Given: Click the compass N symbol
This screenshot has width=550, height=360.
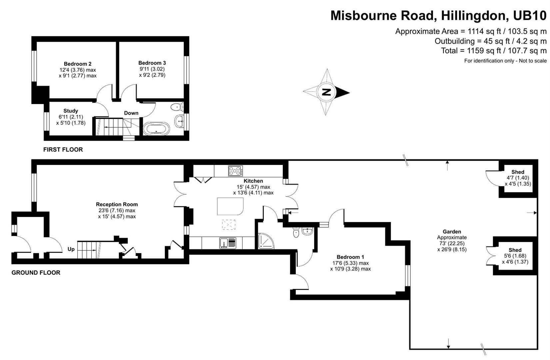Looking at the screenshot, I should click(326, 92).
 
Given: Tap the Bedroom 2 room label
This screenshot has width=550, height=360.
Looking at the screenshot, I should click(78, 64).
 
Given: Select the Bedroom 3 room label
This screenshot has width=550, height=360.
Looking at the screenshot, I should click(152, 63).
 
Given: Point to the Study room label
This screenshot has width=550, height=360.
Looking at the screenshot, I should click(71, 111).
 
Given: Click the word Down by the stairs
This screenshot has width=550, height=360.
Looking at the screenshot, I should click(131, 113).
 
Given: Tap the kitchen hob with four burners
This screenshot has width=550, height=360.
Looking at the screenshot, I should click(235, 171).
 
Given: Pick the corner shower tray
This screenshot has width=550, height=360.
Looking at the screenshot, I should click(267, 241).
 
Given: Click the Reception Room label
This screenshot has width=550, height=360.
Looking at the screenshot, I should click(117, 204).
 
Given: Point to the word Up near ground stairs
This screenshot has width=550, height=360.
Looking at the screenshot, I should click(71, 249).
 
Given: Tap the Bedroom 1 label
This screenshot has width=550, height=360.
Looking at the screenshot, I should click(350, 257).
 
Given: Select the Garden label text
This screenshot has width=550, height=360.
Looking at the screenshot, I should click(452, 232).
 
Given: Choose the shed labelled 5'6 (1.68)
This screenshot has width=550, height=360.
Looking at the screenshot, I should click(515, 256).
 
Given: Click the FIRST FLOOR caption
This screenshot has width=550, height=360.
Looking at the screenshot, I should click(63, 150).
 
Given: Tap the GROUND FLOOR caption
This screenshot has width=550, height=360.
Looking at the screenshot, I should click(36, 273).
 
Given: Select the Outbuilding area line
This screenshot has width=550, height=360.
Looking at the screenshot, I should click(490, 41).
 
